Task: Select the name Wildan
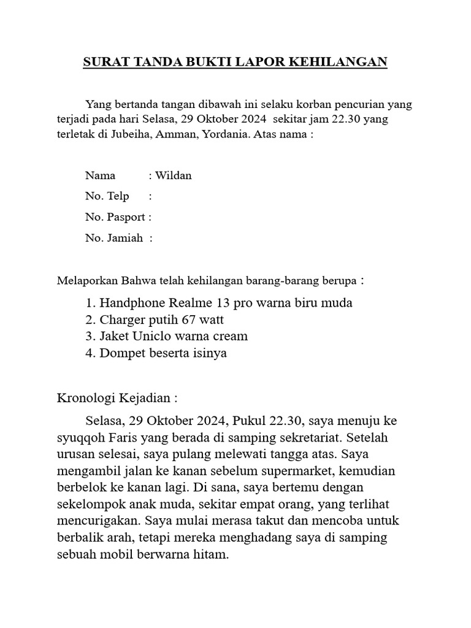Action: [174, 175]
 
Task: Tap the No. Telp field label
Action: [107, 196]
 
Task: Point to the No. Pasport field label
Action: [115, 217]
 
